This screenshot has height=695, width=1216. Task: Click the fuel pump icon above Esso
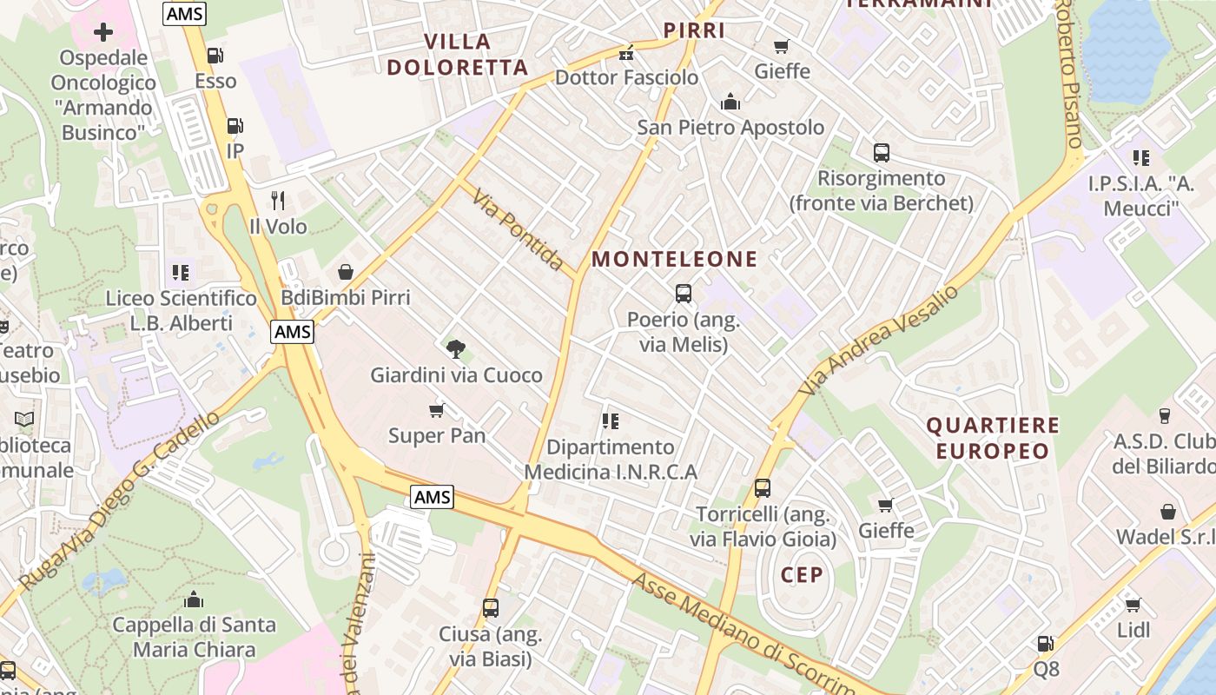point(215,56)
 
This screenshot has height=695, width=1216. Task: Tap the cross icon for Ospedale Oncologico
point(103,32)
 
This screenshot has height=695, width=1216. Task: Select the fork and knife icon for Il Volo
point(278,201)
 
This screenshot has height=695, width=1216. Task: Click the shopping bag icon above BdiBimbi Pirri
point(346,272)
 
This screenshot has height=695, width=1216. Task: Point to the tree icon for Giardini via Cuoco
point(455,349)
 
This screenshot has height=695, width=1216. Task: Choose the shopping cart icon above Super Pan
point(437,409)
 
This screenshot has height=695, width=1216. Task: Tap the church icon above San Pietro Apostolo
point(730,102)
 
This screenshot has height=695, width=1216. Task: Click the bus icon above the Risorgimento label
point(882,153)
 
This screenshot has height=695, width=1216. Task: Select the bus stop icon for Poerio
point(684,294)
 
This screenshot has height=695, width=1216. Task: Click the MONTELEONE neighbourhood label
point(675,259)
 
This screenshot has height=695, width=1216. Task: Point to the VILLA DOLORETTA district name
point(458,54)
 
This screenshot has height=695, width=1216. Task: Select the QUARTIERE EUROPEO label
point(993,438)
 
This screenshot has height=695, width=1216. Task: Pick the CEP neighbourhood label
point(802,575)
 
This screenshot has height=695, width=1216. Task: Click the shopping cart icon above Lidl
point(1133,605)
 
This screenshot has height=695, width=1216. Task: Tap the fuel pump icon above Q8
point(1046,644)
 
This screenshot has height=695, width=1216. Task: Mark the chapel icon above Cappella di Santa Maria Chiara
point(195,599)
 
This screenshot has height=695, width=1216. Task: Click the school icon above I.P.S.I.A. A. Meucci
point(1141,158)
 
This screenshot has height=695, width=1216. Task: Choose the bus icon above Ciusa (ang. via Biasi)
point(491,608)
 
